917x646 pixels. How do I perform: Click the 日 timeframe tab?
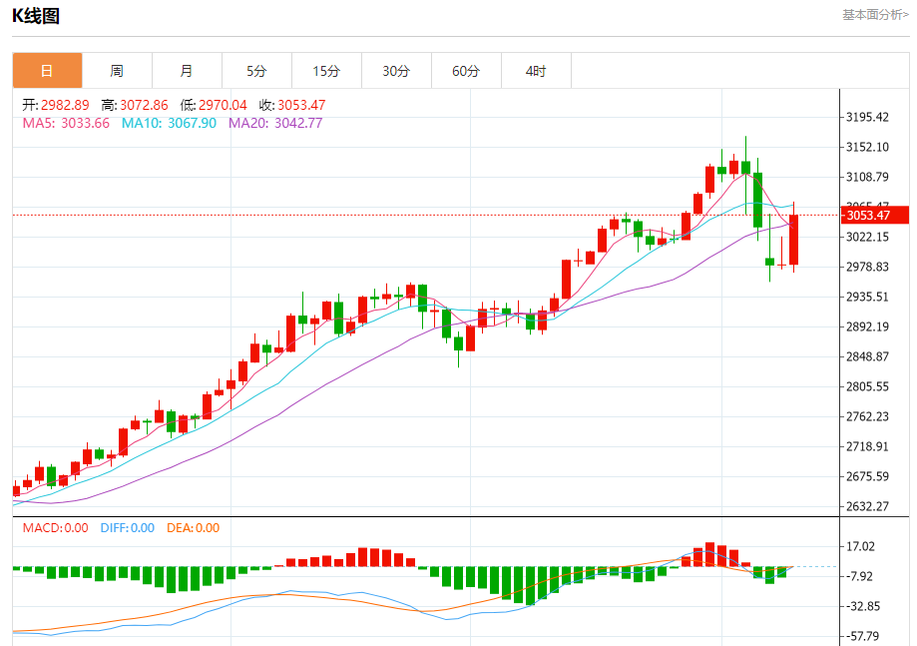click(x=47, y=71)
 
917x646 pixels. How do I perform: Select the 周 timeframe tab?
click(x=117, y=71)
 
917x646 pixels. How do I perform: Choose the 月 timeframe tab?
click(x=187, y=71)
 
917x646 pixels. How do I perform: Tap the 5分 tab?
click(x=256, y=71)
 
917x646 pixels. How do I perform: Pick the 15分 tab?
click(x=326, y=71)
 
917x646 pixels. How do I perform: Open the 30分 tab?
click(x=396, y=71)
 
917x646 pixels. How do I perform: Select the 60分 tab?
click(x=466, y=71)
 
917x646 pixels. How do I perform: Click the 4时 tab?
click(x=536, y=71)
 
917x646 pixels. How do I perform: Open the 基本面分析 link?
click(x=875, y=15)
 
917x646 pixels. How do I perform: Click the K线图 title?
click(x=36, y=15)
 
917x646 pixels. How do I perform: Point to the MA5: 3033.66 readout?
click(x=66, y=123)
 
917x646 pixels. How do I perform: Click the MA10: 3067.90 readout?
click(x=169, y=123)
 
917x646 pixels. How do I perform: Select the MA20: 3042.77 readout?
click(x=275, y=123)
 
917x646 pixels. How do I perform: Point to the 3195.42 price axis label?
click(x=867, y=117)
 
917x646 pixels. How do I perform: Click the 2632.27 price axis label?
click(x=867, y=506)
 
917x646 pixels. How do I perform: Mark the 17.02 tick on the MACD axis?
click(x=860, y=546)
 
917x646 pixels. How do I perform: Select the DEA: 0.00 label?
click(x=193, y=528)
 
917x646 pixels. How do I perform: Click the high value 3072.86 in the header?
click(x=134, y=105)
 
